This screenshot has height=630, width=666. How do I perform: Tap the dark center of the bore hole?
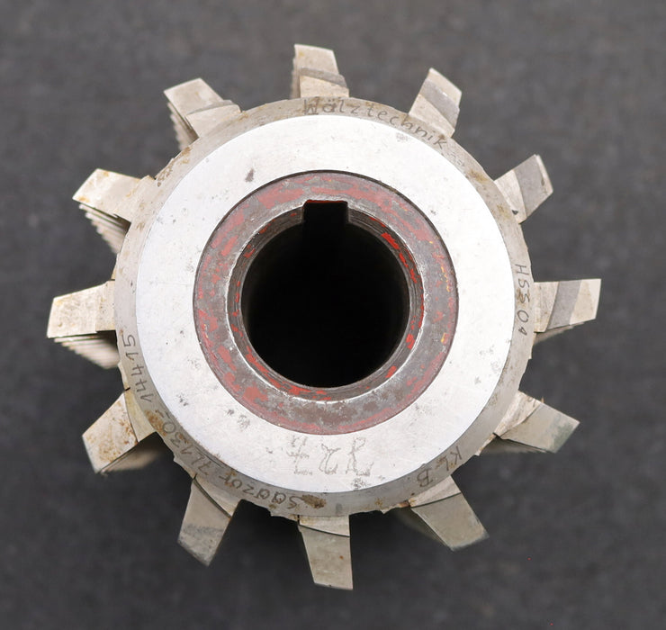(x=326, y=297)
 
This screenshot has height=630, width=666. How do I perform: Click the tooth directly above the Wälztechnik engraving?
(x=319, y=72)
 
